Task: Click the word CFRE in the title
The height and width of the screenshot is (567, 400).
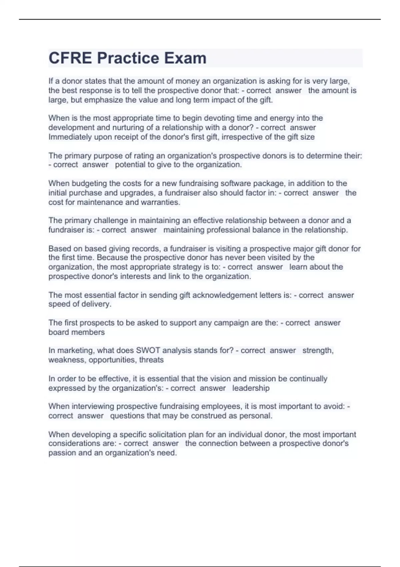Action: [x=70, y=58]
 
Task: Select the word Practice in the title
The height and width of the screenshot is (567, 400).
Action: [x=128, y=58]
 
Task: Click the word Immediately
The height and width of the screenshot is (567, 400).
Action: [x=70, y=137]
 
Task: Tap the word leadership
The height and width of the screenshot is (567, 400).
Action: [x=251, y=388]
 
